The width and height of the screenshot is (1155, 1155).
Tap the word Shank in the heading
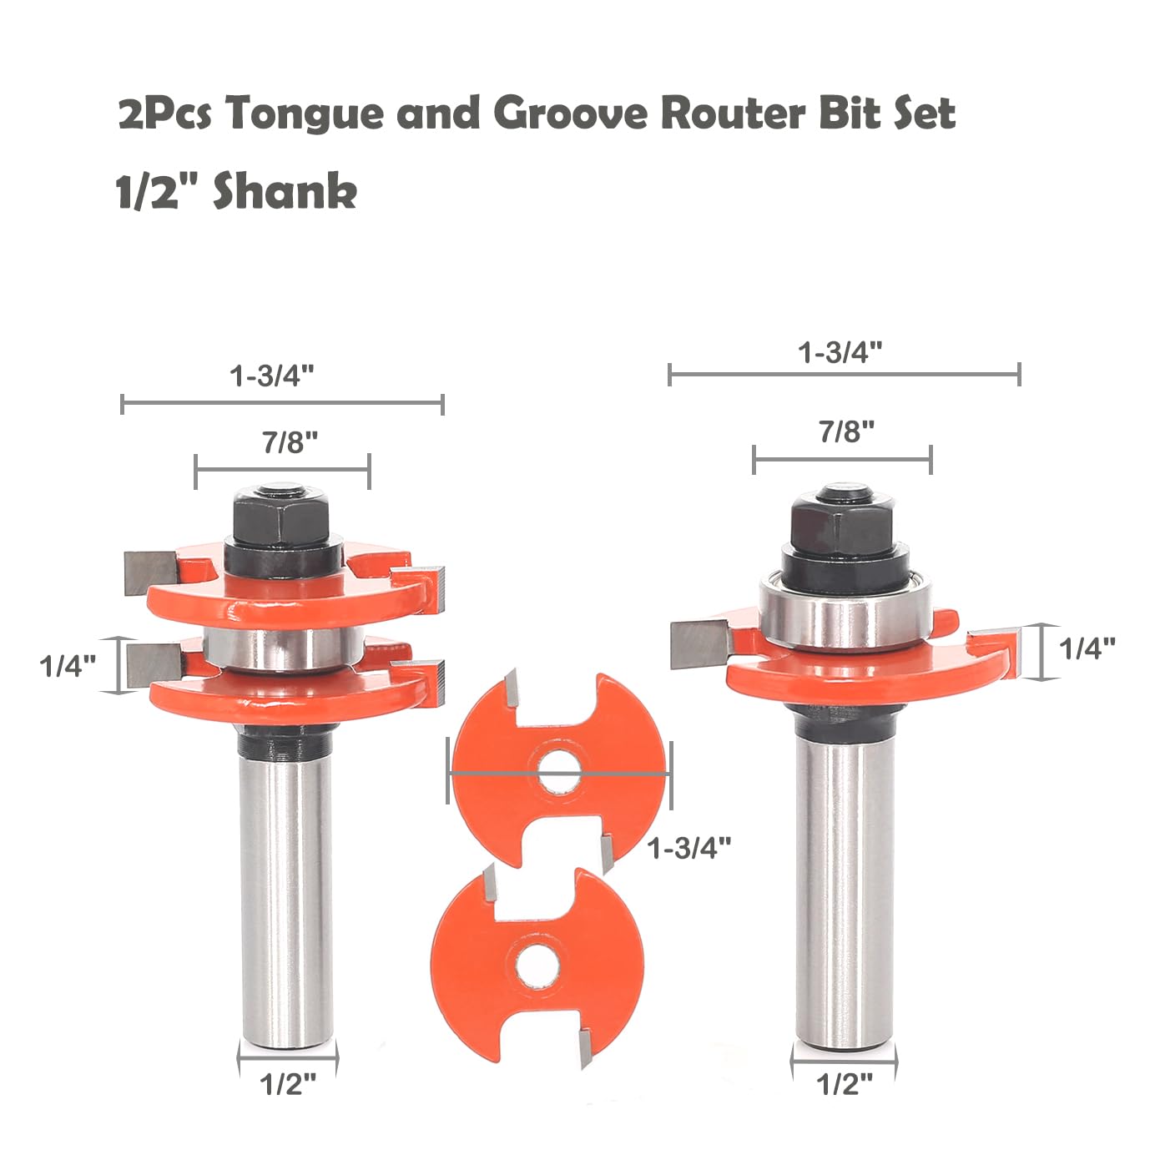pos(285,191)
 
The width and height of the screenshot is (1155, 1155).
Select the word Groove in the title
pos(571,113)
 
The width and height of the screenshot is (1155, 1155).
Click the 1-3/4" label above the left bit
pos(272,376)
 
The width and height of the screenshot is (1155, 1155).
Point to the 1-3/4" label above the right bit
pos(840,352)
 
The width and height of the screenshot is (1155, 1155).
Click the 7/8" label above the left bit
pos(290,443)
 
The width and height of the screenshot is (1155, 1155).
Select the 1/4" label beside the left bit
pos(68,666)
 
